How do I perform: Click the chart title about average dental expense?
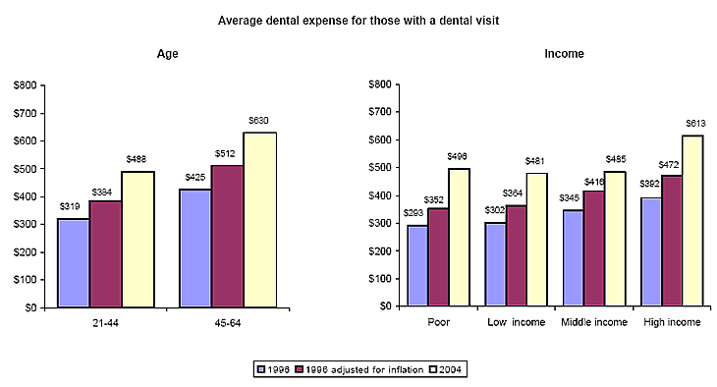[358, 20]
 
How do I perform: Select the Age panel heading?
[168, 54]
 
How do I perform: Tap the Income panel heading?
[564, 54]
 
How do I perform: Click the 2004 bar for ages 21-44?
[138, 240]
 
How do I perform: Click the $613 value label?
[692, 125]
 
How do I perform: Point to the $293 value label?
[414, 214]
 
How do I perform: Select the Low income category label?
[516, 323]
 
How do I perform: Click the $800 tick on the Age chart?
[26, 85]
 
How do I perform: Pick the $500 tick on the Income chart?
[376, 168]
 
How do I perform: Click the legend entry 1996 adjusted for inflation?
[364, 369]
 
